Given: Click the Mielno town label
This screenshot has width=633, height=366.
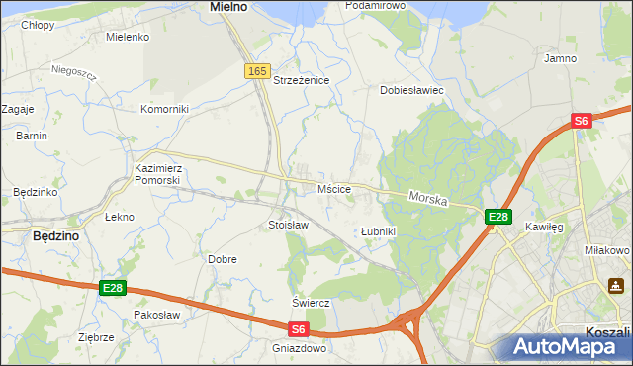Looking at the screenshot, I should tap(228, 6).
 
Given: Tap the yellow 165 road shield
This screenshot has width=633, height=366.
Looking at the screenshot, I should tap(257, 71).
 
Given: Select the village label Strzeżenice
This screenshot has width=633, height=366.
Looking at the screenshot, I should tap(301, 80).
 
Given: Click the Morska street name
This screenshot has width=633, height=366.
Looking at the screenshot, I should tap(428, 199).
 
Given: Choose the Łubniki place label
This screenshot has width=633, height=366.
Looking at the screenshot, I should tap(378, 231).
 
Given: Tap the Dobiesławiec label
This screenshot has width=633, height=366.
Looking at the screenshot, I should tap(412, 90).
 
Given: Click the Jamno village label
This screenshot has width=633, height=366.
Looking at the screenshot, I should tap(561, 59).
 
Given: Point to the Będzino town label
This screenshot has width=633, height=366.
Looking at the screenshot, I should tap(56, 236).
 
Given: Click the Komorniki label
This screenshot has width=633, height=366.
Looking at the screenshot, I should tap(164, 109).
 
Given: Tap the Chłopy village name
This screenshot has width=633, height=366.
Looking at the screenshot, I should tap(39, 24).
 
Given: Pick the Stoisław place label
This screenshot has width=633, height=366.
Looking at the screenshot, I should tap(289, 225).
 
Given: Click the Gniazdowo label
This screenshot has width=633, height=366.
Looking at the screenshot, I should tap(299, 348).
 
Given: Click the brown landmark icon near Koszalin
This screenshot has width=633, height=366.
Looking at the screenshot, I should tap(615, 286).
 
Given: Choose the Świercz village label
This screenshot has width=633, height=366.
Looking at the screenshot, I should tap(310, 302).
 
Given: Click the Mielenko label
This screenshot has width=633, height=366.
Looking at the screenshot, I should tap(128, 37).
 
